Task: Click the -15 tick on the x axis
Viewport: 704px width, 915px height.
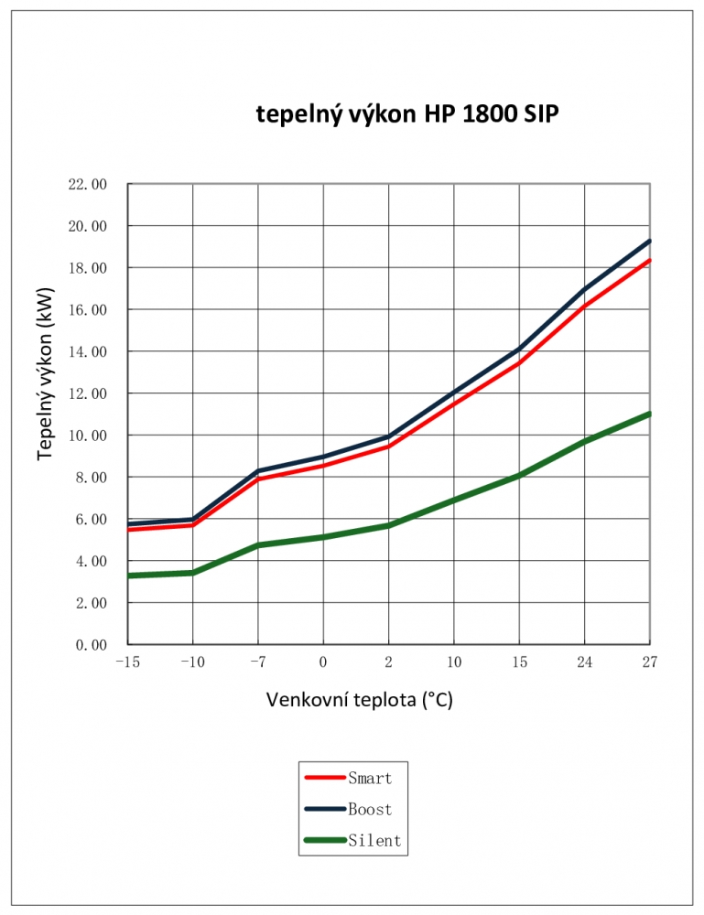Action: click(x=127, y=662)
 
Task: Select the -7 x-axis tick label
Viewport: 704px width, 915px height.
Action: click(x=258, y=662)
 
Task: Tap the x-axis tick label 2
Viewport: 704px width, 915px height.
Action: click(x=389, y=662)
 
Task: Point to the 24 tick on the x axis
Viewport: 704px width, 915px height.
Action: click(x=584, y=662)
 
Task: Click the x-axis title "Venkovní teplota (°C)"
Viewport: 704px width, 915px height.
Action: click(x=360, y=701)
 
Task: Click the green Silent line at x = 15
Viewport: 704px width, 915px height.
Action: click(x=519, y=476)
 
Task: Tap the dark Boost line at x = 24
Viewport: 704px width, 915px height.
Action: click(x=584, y=289)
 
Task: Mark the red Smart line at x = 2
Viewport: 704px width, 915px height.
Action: click(x=389, y=447)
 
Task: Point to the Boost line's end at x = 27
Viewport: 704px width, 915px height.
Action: click(x=649, y=242)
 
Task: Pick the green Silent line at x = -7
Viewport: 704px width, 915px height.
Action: click(x=258, y=545)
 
